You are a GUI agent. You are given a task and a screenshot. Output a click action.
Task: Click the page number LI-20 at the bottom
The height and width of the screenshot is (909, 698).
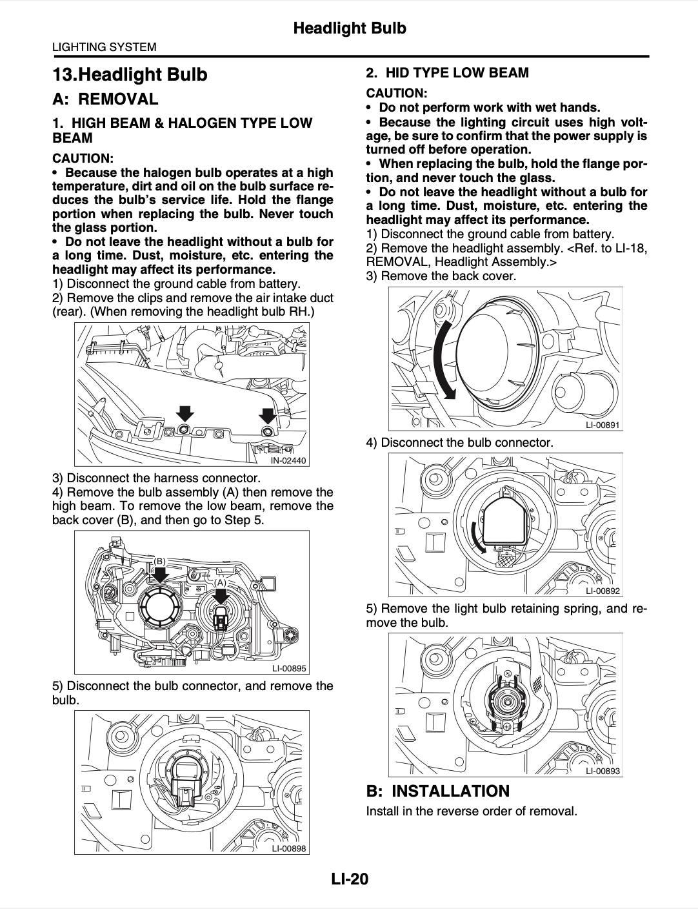pyautogui.click(x=349, y=879)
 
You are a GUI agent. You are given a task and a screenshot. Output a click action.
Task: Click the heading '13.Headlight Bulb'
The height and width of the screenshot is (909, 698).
pyautogui.click(x=130, y=74)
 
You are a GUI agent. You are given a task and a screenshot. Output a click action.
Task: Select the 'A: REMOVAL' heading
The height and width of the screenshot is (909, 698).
pyautogui.click(x=105, y=99)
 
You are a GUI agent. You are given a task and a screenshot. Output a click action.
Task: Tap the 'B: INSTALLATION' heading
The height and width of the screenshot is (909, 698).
pyautogui.click(x=437, y=791)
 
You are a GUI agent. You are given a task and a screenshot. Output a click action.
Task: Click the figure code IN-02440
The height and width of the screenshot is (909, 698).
pyautogui.click(x=288, y=460)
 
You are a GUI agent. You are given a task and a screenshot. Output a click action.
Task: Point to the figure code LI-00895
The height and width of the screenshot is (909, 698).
pyautogui.click(x=288, y=669)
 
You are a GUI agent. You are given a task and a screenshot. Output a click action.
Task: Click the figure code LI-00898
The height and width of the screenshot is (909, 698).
pyautogui.click(x=288, y=848)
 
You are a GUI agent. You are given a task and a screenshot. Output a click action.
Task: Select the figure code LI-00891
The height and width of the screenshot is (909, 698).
pyautogui.click(x=603, y=425)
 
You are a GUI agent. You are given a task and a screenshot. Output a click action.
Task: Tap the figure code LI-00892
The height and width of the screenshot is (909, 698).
pyautogui.click(x=603, y=591)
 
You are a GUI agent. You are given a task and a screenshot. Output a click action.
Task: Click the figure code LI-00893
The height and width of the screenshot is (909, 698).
pyautogui.click(x=603, y=771)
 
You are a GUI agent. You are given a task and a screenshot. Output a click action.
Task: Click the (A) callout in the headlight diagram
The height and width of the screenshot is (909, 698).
pyautogui.click(x=221, y=582)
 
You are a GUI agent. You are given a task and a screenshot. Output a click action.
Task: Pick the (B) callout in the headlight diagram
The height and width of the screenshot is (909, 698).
pyautogui.click(x=159, y=562)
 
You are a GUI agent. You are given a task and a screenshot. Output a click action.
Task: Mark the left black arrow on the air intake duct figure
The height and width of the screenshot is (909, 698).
pyautogui.click(x=185, y=414)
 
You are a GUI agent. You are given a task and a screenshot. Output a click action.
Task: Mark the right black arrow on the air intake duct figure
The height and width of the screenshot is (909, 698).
pyautogui.click(x=268, y=415)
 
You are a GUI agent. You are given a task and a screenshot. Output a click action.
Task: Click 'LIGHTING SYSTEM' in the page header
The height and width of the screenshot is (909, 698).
pyautogui.click(x=104, y=46)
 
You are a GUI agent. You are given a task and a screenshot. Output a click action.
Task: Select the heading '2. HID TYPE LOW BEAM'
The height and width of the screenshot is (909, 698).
pyautogui.click(x=447, y=73)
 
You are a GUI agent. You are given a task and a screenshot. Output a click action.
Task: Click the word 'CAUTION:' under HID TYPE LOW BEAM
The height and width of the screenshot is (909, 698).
pyautogui.click(x=396, y=93)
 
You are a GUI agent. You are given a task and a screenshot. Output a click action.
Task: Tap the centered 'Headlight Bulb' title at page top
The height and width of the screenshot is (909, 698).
pyautogui.click(x=349, y=28)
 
